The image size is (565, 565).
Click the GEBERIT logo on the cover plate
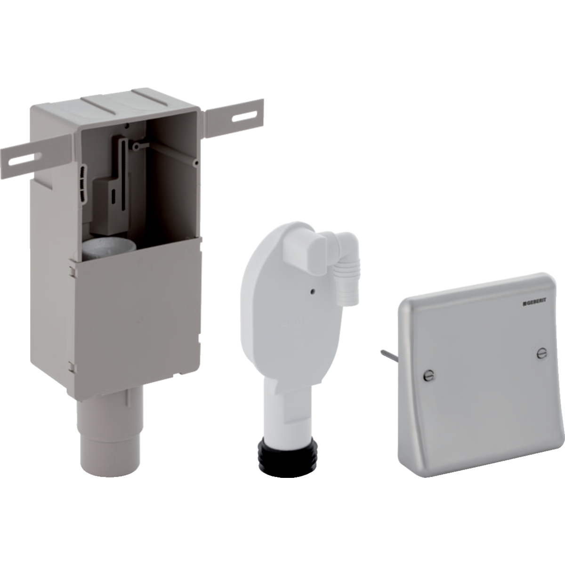pos(531,304)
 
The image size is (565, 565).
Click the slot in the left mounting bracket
pos(24,158)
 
